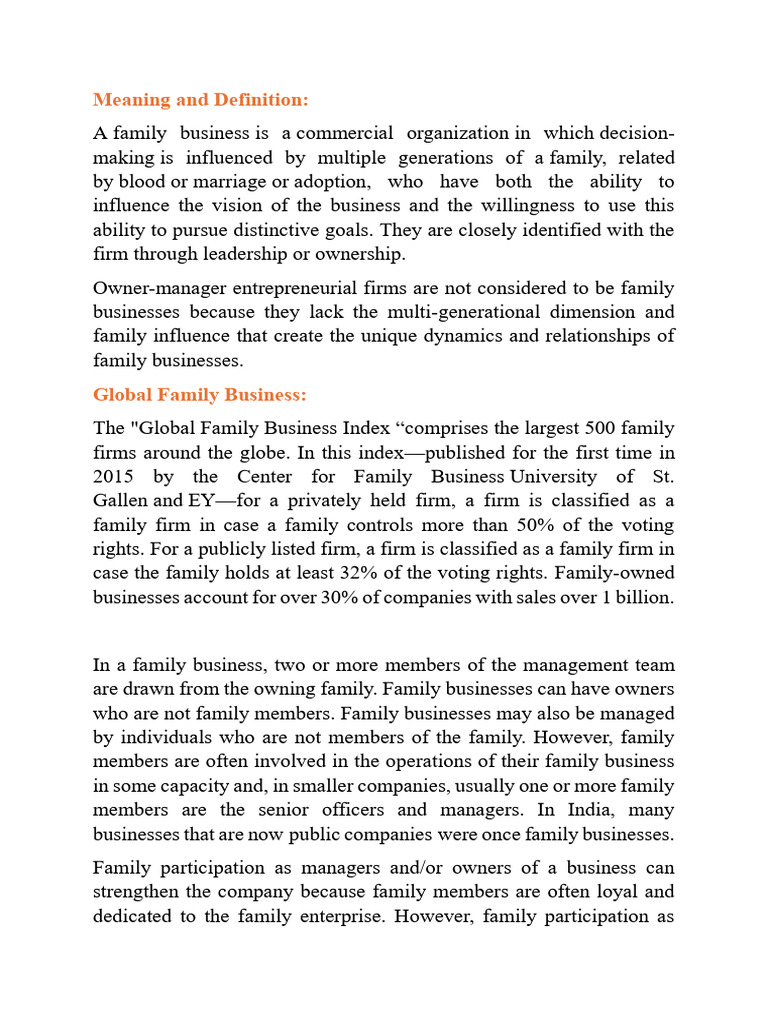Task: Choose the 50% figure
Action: point(546,525)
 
